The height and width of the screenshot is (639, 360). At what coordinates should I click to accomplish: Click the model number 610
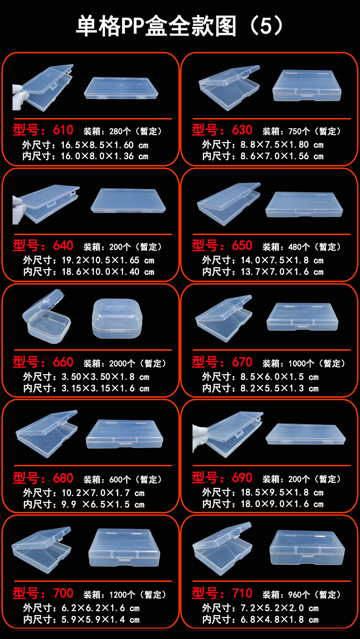63,130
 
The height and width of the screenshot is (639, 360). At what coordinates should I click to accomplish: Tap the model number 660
63,362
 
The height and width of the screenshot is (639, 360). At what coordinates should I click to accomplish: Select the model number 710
242,593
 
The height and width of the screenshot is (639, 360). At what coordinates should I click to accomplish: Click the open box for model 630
229,86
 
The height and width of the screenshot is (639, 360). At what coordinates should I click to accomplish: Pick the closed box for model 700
124,548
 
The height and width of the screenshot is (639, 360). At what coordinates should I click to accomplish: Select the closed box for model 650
304,204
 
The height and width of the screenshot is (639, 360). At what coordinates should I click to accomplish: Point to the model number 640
63,246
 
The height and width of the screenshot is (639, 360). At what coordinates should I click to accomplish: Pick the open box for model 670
223,318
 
